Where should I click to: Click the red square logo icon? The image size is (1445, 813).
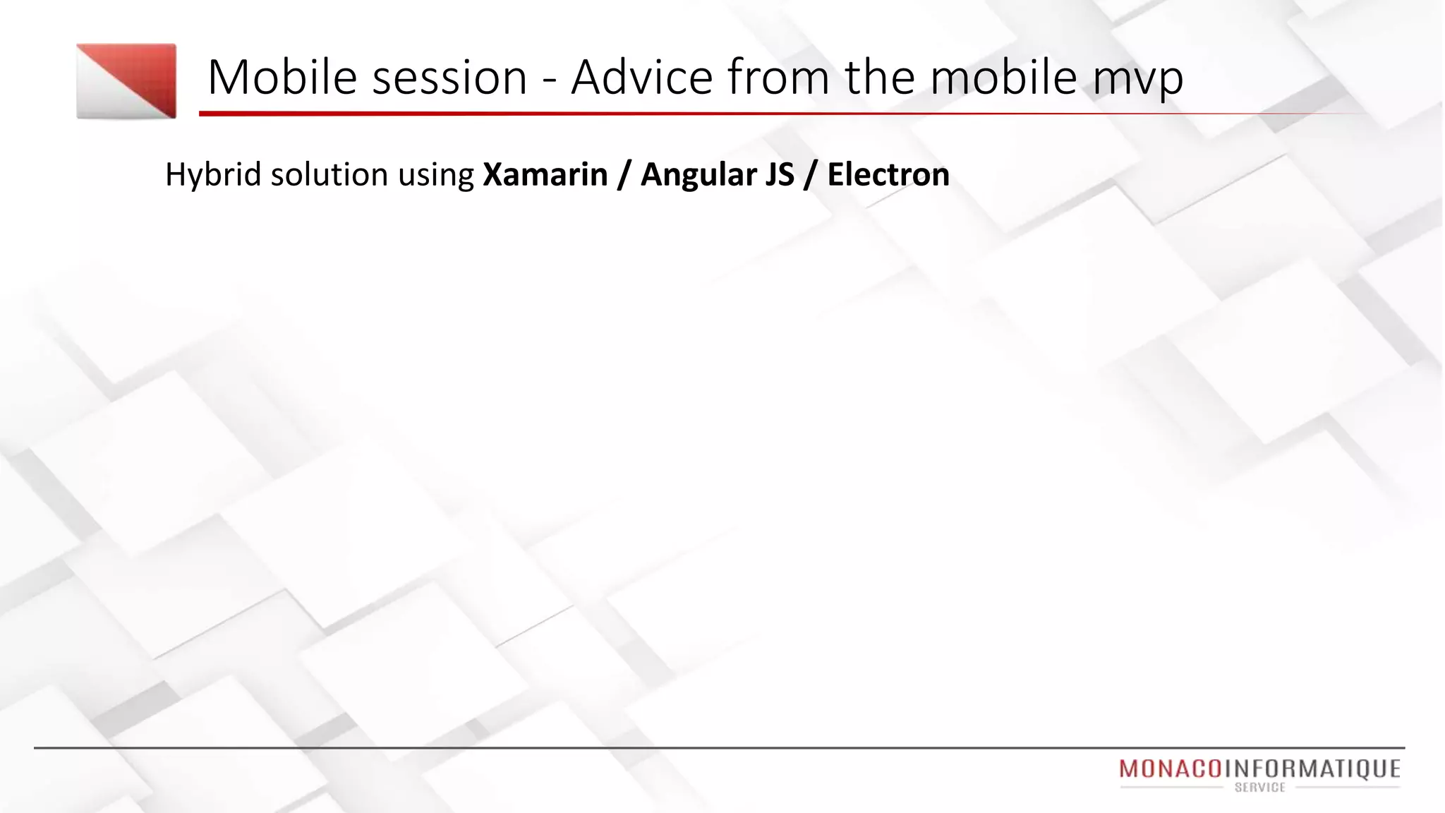[x=126, y=81]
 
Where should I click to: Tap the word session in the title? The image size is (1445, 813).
[x=449, y=78]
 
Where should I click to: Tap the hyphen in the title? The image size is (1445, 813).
[x=549, y=79]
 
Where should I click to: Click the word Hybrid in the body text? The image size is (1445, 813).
[x=212, y=174]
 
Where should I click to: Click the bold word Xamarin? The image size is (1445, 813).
[x=545, y=174]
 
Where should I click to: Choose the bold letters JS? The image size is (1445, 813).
[x=779, y=174]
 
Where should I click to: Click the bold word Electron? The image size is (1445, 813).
[x=888, y=174]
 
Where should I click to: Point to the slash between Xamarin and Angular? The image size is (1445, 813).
[x=624, y=175]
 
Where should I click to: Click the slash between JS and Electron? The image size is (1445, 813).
[x=811, y=175]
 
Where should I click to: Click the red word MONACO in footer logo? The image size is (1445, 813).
[x=1171, y=769]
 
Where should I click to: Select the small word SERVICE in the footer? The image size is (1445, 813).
[x=1260, y=788]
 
